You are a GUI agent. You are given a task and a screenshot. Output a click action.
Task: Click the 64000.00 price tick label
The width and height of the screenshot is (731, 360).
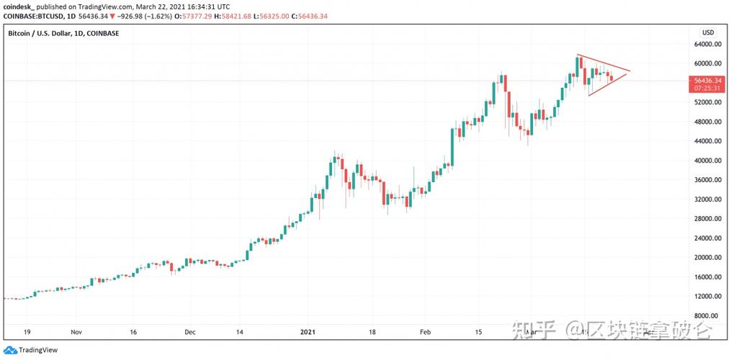pos(708,44)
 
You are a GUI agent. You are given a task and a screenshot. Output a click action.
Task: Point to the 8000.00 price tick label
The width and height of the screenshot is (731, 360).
pos(709,315)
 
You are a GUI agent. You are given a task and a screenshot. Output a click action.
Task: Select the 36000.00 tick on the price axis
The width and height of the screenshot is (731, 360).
pos(708,180)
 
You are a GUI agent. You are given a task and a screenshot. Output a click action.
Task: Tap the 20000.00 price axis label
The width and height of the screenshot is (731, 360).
pos(708,258)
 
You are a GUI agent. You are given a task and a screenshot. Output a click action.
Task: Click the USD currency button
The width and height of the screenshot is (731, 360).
pos(708,32)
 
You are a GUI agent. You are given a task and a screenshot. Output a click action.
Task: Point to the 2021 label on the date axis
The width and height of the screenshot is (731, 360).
pos(307,332)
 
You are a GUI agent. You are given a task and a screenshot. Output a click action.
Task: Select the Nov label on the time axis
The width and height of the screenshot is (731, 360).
pos(76,332)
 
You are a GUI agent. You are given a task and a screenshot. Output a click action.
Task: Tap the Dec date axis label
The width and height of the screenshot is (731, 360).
pos(190,332)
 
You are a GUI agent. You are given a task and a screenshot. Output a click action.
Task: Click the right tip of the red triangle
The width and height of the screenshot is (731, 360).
pos(630,71)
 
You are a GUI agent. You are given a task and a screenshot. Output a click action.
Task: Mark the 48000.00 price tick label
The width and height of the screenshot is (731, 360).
pos(708,122)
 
